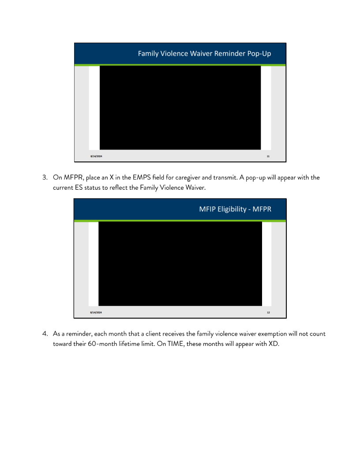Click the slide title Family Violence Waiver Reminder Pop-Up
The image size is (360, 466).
tap(204, 53)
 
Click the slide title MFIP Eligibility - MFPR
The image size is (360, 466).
tap(235, 209)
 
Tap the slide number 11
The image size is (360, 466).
tap(268, 156)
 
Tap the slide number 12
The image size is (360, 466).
tap(268, 312)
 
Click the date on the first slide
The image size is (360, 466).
tap(96, 156)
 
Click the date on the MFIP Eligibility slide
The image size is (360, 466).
tap(96, 312)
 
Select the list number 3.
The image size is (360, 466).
tap(45, 177)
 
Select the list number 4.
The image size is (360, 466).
tap(45, 334)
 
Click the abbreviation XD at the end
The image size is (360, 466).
tap(274, 344)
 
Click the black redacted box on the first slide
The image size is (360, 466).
tap(180, 108)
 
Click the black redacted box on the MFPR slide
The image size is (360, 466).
tap(180, 263)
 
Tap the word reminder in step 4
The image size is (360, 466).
tap(79, 334)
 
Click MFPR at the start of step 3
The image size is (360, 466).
tap(74, 178)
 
